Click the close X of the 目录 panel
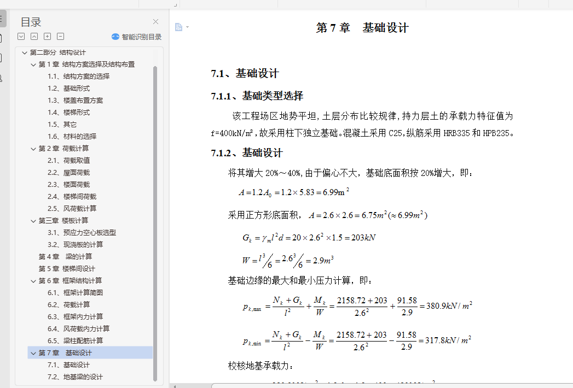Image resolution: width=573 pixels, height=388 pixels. [x=155, y=22]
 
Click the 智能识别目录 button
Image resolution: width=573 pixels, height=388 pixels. [x=137, y=37]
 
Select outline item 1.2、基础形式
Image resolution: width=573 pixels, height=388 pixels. [x=68, y=88]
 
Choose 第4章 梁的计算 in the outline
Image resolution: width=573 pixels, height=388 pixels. [x=65, y=256]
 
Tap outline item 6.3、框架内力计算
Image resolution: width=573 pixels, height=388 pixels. [x=75, y=316]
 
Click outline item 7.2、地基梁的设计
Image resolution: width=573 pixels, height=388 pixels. [x=75, y=377]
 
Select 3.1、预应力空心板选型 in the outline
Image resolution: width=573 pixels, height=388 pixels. [x=82, y=232]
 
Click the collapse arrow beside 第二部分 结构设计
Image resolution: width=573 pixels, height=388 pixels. [x=24, y=52]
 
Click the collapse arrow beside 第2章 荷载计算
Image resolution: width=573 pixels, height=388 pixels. [x=33, y=149]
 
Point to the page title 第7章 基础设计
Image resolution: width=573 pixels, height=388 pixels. [x=362, y=28]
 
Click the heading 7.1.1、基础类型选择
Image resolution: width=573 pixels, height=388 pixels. [x=257, y=96]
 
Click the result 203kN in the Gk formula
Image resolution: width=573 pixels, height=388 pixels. [x=363, y=238]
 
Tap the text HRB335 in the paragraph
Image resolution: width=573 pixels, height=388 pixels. [x=456, y=133]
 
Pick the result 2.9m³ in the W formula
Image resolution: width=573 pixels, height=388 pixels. [x=323, y=261]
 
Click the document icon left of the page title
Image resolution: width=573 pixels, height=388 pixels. [x=178, y=27]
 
